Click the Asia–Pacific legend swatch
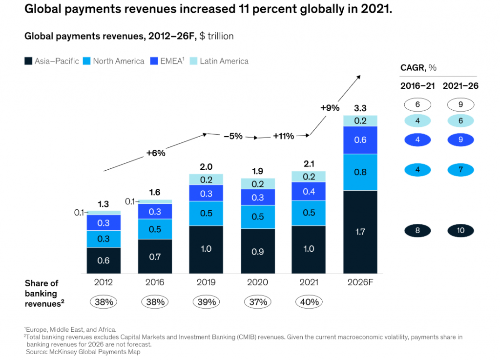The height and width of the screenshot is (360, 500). click(x=28, y=61)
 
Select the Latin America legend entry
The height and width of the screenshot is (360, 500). click(x=224, y=61)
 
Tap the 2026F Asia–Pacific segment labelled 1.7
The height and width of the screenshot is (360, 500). click(x=360, y=232)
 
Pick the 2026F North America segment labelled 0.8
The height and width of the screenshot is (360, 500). click(x=360, y=172)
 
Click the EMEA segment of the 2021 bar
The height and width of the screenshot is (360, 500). click(x=309, y=191)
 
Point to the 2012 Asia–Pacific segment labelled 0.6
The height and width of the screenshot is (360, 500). click(x=104, y=260)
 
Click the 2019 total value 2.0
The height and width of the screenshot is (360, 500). click(x=206, y=165)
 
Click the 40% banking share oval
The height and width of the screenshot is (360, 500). click(x=309, y=302)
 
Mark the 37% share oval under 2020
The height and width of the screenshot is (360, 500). click(x=257, y=302)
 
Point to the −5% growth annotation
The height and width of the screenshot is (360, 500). click(x=233, y=136)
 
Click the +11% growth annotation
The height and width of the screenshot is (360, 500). click(x=284, y=136)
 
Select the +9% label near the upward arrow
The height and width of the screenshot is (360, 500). click(x=330, y=108)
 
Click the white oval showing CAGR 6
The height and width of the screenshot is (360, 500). click(x=417, y=104)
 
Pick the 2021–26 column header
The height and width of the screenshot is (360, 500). click(x=460, y=86)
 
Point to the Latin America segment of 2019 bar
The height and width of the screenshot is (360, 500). click(x=206, y=180)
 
